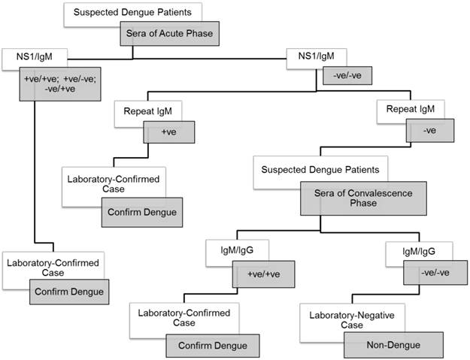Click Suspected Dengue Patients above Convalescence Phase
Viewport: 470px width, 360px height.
(314, 171)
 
